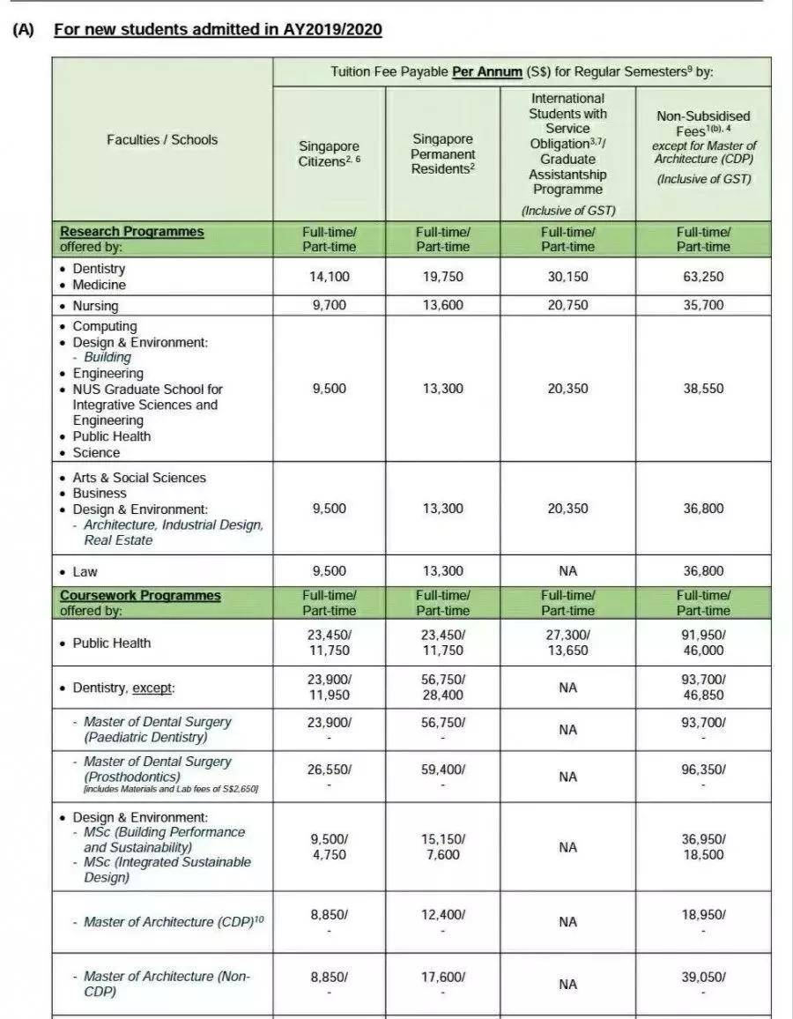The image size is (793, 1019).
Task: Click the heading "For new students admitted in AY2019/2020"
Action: click(218, 29)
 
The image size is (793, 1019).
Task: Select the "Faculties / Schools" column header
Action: click(162, 139)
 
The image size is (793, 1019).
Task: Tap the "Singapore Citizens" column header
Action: click(329, 154)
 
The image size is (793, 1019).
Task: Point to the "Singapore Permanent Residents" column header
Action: click(443, 154)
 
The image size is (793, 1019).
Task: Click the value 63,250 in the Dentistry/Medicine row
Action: click(702, 277)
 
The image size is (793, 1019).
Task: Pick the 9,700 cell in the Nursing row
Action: click(329, 306)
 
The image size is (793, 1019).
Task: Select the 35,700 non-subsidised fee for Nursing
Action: click(702, 306)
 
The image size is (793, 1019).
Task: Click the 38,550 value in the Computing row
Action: click(702, 389)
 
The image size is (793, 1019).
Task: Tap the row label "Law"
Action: click(85, 571)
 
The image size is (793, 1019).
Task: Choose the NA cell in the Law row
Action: click(568, 571)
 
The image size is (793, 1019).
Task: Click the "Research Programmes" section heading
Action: click(131, 232)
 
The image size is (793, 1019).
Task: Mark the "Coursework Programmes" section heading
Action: click(140, 596)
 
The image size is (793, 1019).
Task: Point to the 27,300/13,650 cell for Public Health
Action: click(568, 643)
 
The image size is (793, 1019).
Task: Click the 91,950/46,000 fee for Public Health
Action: click(702, 643)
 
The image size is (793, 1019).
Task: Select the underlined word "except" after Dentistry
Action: click(152, 688)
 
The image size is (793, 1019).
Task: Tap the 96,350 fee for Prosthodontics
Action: click(702, 769)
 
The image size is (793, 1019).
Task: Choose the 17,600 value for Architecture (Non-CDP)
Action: click(443, 977)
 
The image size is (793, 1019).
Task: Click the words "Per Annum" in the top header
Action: click(486, 72)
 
